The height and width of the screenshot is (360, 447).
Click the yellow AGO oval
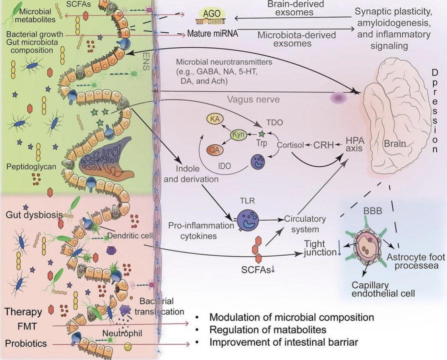[x=211, y=14]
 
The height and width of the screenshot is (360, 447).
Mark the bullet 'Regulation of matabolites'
[x=268, y=330]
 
